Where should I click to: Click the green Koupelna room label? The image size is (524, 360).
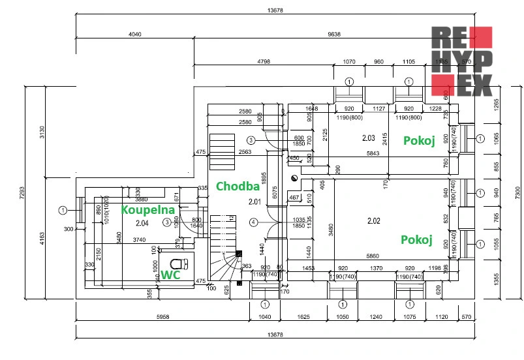tap(148, 210)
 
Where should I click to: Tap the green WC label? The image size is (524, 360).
tap(170, 275)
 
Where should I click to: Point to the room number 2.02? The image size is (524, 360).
tap(373, 220)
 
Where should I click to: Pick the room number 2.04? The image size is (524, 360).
tap(142, 223)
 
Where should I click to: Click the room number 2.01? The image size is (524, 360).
tap(254, 202)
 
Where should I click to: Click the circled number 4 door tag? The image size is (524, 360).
tap(254, 222)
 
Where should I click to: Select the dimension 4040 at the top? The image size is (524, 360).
tap(135, 34)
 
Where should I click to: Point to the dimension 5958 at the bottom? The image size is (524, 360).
tap(164, 317)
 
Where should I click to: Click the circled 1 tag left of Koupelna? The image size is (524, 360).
tap(63, 210)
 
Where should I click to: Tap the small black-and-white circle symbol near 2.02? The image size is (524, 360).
tap(294, 177)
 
